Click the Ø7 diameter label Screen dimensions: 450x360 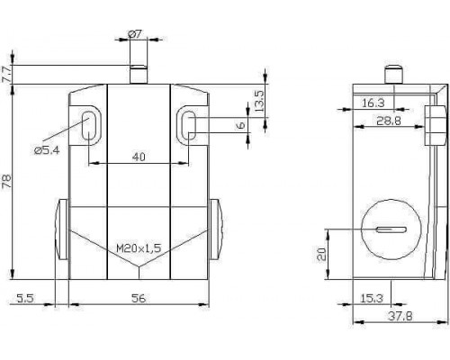click(135, 34)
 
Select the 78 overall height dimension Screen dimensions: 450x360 click(6, 181)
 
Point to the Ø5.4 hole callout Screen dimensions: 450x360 click(47, 150)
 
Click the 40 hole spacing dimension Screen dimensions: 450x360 click(139, 157)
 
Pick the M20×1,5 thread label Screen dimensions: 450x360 click(139, 248)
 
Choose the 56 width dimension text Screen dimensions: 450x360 click(139, 298)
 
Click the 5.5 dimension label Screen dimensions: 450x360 click(25, 298)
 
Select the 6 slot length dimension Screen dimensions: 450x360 click(241, 125)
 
